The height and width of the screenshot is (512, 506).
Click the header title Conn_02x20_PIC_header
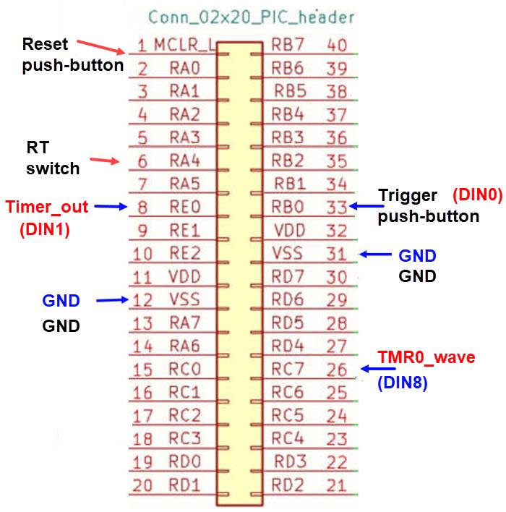pos(251,17)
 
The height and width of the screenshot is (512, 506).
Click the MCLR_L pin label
pos(184,46)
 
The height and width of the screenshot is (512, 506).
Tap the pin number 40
pos(337,45)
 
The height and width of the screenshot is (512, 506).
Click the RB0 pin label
pos(287,207)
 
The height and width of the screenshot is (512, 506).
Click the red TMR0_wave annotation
pos(427,357)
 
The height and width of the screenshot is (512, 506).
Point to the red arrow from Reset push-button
pos(100,46)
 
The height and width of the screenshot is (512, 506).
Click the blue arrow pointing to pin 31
pos(377,255)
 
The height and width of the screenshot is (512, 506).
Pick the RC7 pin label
pos(287,369)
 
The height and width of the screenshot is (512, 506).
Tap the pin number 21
pos(337,485)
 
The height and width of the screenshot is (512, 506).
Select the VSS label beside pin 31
pos(287,253)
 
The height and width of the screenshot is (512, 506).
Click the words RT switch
pos(53,158)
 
